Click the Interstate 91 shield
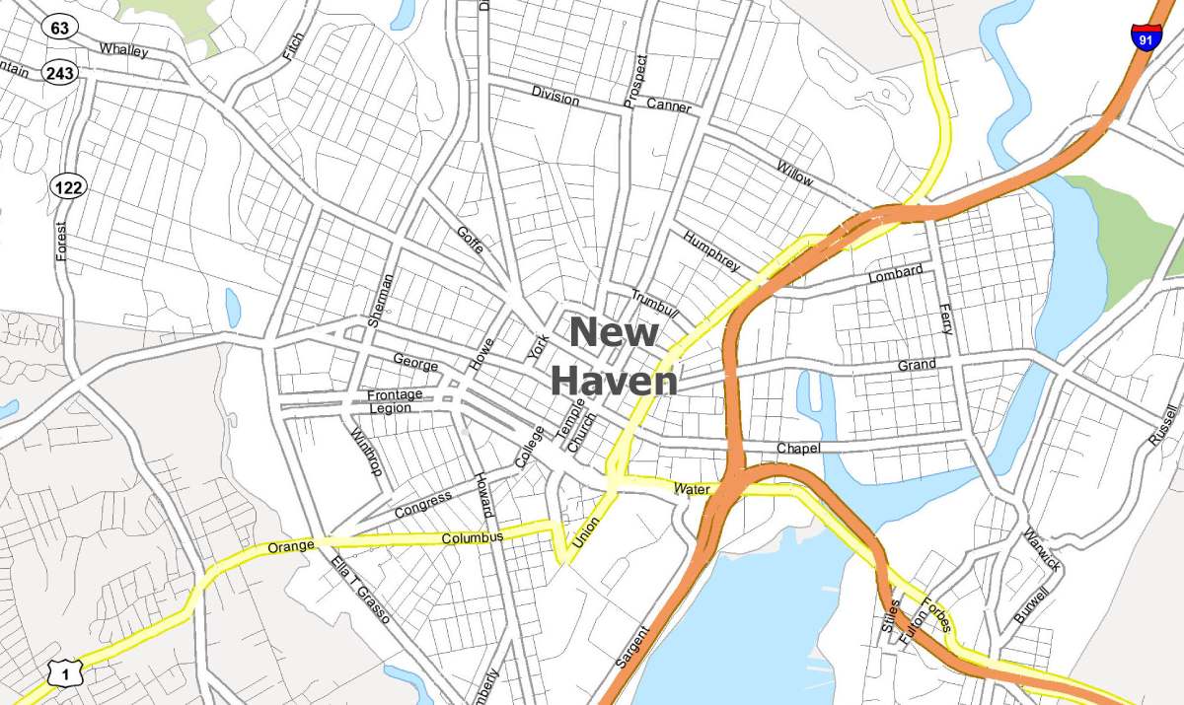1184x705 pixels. tap(1145, 35)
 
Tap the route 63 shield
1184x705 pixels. tap(60, 28)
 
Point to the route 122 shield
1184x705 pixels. tap(70, 185)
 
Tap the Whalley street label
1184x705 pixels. tap(123, 49)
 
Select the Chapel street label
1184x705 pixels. tap(798, 449)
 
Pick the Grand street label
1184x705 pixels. tap(917, 366)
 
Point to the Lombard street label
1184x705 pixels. tap(895, 273)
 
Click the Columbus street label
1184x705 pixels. tap(472, 537)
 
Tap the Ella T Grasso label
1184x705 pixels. tap(361, 589)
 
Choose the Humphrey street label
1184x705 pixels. tap(710, 251)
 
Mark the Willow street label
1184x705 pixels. tap(795, 173)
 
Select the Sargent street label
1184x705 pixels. tap(632, 647)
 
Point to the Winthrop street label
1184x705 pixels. tap(366, 451)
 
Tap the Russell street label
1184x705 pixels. tap(1164, 425)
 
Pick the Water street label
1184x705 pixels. tap(692, 488)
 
